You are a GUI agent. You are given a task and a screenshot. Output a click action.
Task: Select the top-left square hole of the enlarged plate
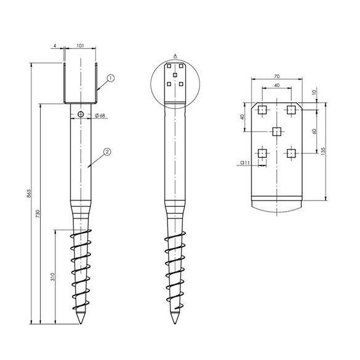(x=262, y=110)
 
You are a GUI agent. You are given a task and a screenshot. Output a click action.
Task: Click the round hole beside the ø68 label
(x=81, y=114)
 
